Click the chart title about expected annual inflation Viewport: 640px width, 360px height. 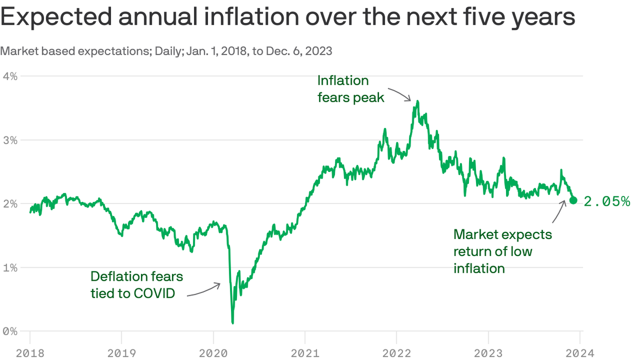pos(288,18)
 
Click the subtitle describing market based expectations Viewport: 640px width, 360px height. pos(166,51)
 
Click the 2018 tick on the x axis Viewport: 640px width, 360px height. pos(30,353)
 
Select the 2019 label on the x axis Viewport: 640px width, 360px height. pos(121,353)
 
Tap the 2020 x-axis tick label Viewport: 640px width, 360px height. pos(213,353)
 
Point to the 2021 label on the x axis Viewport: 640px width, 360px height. pos(305,353)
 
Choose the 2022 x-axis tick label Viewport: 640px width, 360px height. pos(396,353)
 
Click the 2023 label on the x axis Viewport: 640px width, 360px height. pos(488,353)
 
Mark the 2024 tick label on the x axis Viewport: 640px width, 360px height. pos(580,353)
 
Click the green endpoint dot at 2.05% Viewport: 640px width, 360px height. pos(573,201)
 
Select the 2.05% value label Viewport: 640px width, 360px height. pos(607,202)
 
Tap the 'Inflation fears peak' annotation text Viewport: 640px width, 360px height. pos(350,89)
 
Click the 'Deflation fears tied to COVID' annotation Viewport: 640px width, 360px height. pos(136,285)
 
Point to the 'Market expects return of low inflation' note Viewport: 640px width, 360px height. pos(502,251)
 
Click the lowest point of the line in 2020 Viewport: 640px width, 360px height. pos(232,322)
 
